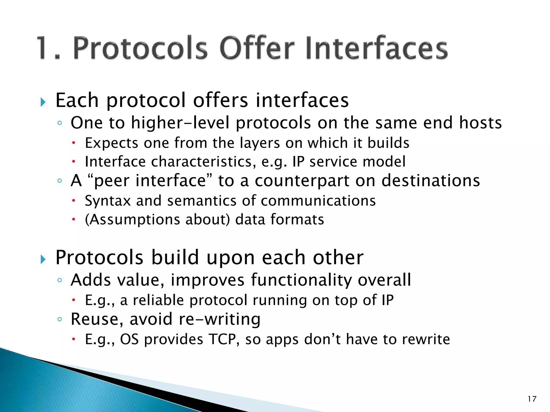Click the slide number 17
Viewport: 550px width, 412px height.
click(x=532, y=399)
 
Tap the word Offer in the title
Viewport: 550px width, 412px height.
click(x=257, y=48)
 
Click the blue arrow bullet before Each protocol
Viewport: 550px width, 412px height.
click(x=43, y=102)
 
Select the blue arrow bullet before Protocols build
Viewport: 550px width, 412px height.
click(x=43, y=259)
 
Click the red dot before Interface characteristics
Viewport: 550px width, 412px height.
click(x=73, y=161)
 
